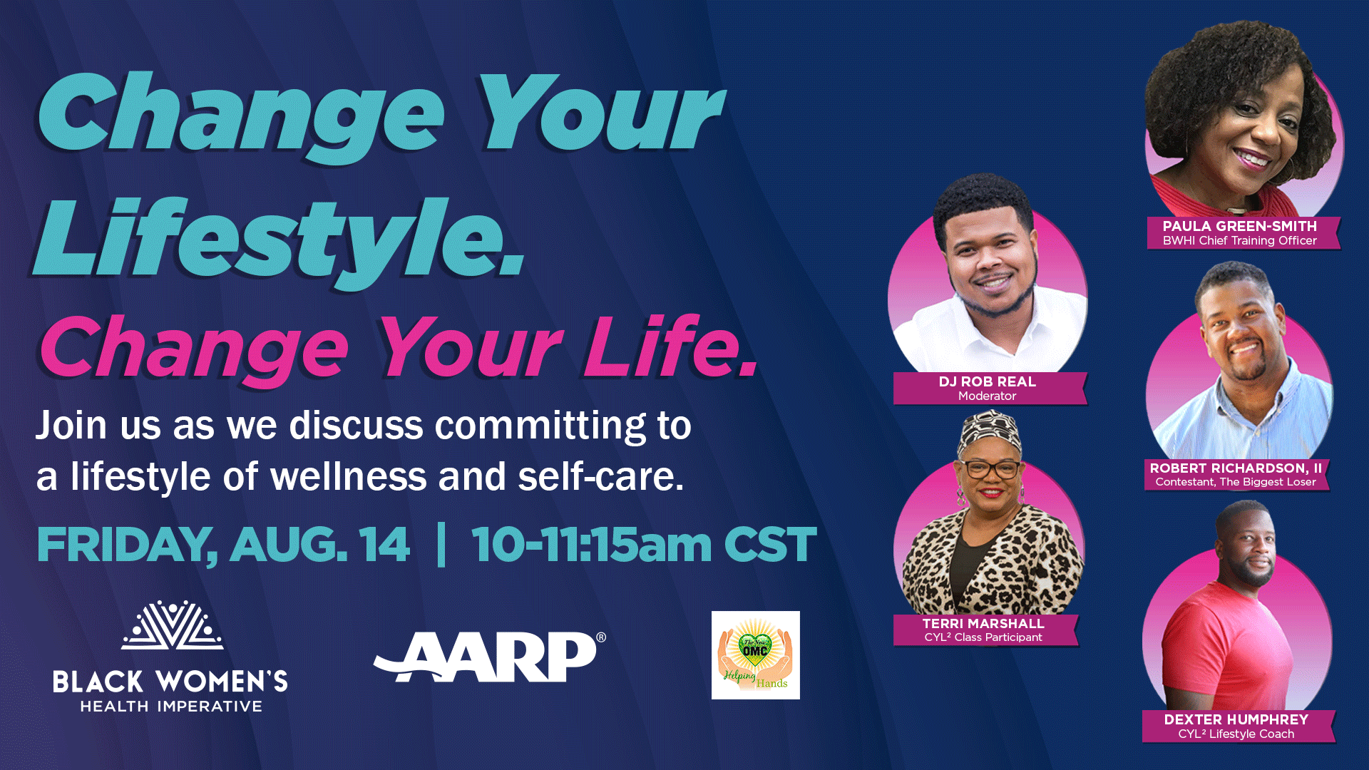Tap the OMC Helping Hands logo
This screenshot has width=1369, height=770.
point(756,655)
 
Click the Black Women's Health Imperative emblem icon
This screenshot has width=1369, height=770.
point(173,625)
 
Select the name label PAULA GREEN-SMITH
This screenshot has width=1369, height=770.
point(1240,226)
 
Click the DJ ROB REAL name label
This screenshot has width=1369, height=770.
point(988,381)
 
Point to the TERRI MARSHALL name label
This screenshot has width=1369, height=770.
point(983,623)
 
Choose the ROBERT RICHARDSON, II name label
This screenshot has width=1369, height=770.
point(1236,468)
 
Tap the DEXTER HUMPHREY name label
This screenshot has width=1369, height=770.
point(1236,719)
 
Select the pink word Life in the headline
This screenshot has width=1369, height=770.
point(671,346)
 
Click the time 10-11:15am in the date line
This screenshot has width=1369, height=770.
point(591,545)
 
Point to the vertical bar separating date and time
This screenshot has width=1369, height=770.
point(441,545)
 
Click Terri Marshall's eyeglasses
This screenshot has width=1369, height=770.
point(991,468)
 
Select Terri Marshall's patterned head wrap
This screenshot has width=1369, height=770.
point(990,433)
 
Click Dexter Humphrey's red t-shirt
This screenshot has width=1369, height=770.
point(1226,645)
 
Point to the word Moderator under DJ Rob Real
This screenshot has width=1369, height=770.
point(988,396)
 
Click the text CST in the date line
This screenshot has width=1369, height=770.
point(770,545)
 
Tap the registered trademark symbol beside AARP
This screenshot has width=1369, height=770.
point(601,637)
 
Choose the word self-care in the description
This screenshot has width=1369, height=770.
point(601,476)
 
